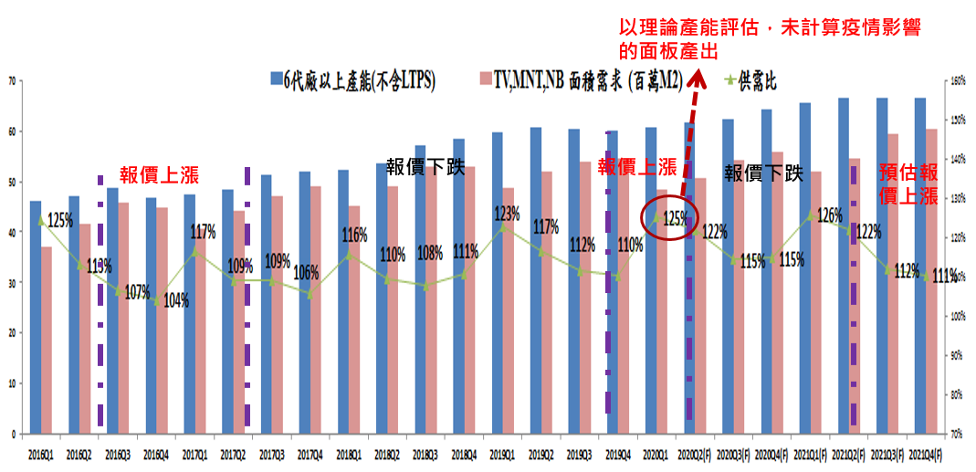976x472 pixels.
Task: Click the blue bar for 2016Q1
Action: click(x=36, y=316)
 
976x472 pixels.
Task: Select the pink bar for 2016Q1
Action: click(x=47, y=339)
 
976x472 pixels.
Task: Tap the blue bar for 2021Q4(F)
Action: click(x=920, y=265)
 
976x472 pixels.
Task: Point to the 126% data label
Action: click(x=829, y=216)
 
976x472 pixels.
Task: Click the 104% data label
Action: click(x=175, y=300)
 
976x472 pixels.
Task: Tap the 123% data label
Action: click(x=507, y=214)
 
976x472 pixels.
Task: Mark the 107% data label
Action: click(x=137, y=293)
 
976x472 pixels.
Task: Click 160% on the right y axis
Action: click(x=958, y=80)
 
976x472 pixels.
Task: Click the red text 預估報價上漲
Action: click(x=908, y=184)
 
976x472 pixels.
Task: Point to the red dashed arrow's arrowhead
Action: click(x=698, y=78)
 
